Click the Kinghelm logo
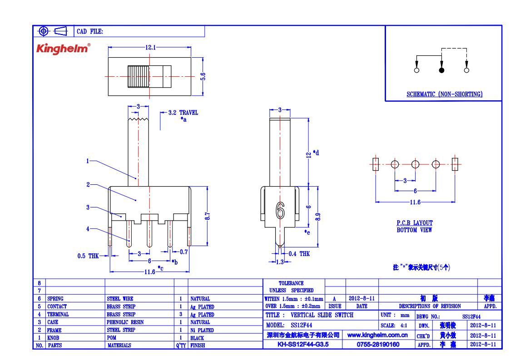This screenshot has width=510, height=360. tap(63, 49)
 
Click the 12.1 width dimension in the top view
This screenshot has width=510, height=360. tap(150, 48)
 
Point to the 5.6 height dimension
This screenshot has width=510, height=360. tap(203, 77)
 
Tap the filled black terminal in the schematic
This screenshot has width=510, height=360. tap(441, 70)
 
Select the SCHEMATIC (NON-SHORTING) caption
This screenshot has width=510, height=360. tap(444, 94)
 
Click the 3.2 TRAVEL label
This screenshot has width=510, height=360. tap(183, 113)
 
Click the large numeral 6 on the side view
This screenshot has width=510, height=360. tap(280, 210)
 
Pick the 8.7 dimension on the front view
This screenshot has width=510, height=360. tap(208, 216)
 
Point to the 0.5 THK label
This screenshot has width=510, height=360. tap(88, 256)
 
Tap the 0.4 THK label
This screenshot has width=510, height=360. tap(299, 254)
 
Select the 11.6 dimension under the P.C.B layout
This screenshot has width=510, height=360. tap(415, 202)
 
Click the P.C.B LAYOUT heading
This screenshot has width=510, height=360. tap(414, 223)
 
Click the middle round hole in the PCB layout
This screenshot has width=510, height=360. tap(416, 164)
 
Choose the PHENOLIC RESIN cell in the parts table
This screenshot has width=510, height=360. tap(125, 322)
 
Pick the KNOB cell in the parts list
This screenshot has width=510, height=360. tap(53, 338)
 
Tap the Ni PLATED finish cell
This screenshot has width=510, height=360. tap(202, 330)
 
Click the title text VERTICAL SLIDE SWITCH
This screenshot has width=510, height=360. tap(322, 315)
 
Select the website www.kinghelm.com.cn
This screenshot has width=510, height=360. tap(377, 335)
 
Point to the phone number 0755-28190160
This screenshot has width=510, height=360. tap(378, 345)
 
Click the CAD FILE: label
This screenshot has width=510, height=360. tap(90, 31)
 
